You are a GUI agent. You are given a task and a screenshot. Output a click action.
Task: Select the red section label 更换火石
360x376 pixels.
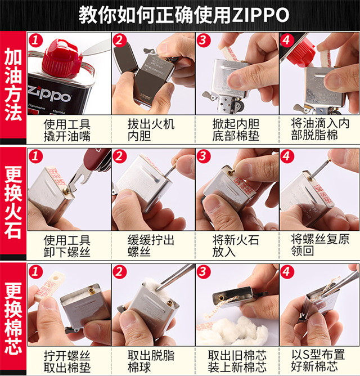13,202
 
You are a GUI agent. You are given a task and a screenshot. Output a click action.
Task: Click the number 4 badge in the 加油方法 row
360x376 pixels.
287,40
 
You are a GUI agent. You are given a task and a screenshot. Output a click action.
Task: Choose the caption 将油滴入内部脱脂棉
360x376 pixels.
320,129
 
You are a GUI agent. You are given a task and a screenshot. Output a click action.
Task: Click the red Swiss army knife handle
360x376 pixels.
90,163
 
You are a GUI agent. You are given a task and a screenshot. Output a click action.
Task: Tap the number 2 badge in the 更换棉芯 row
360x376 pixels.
120,272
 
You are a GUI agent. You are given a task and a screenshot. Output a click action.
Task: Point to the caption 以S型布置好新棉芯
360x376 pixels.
320,361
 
